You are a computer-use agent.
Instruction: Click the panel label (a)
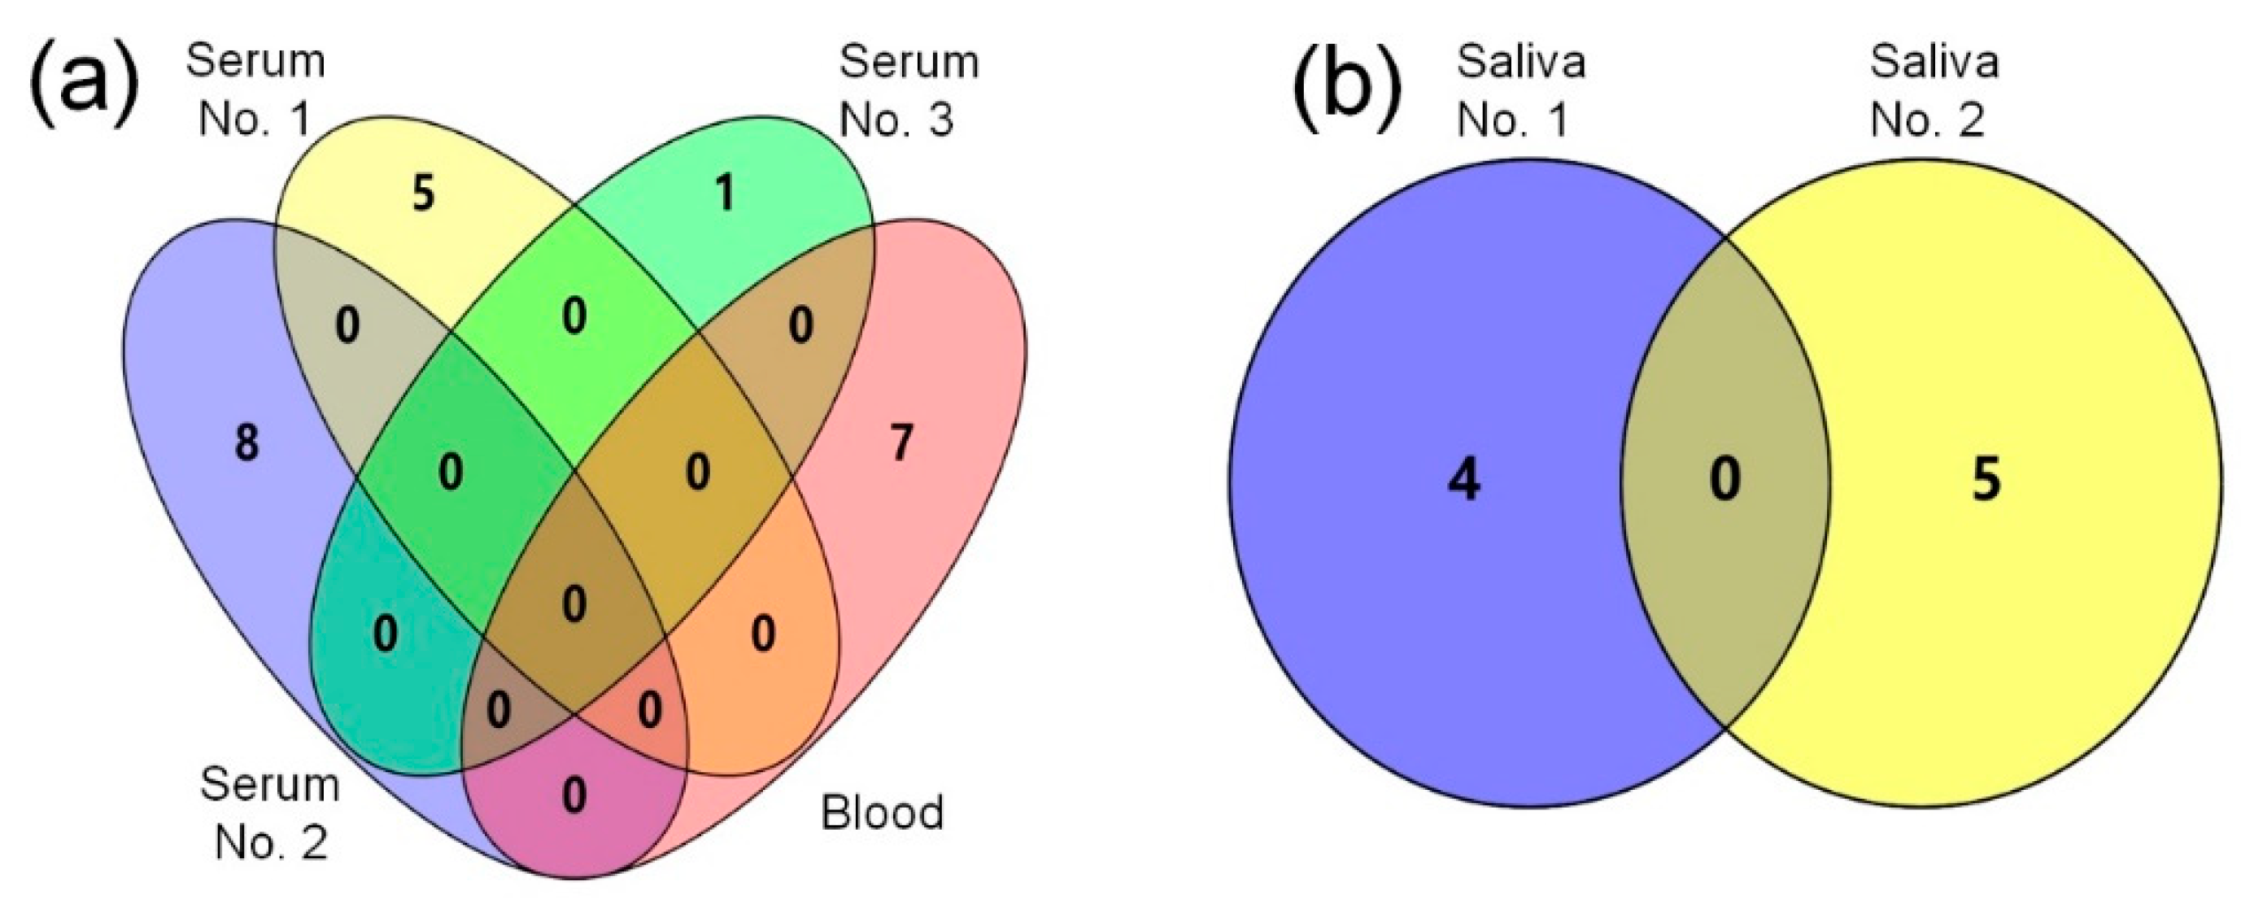pyautogui.click(x=85, y=88)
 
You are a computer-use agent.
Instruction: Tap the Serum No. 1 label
pyautogui.click(x=255, y=90)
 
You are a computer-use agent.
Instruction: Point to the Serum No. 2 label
pyautogui.click(x=270, y=813)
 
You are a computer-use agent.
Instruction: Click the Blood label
pyautogui.click(x=882, y=812)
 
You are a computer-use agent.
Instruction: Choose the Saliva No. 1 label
pyautogui.click(x=1520, y=90)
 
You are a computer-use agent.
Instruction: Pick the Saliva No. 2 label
pyautogui.click(x=1934, y=90)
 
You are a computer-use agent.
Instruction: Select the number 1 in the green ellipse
pyautogui.click(x=724, y=193)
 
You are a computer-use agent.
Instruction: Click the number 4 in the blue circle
pyautogui.click(x=1464, y=479)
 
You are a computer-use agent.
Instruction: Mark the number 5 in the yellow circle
pyautogui.click(x=1986, y=479)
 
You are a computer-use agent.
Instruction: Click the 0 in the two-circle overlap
pyautogui.click(x=1725, y=479)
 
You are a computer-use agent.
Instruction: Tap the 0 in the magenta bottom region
pyautogui.click(x=574, y=795)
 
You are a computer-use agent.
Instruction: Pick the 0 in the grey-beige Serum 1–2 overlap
pyautogui.click(x=347, y=325)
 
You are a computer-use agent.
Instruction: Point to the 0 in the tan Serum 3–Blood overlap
pyautogui.click(x=800, y=325)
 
